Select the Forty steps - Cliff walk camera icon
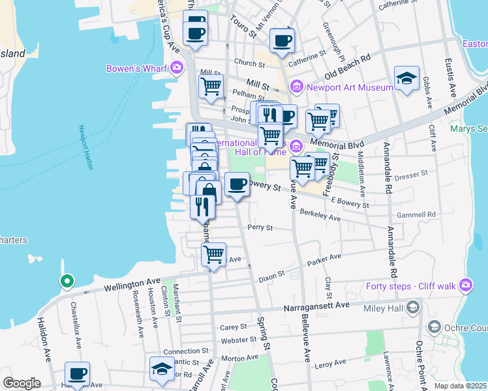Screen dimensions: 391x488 click(465, 285)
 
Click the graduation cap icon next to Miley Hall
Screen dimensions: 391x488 click(412, 307)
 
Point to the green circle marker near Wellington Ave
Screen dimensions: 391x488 click(67, 282)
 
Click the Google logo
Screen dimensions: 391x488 click(22, 383)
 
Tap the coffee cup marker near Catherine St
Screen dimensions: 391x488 click(282, 40)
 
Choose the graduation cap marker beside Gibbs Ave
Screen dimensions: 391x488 click(406, 78)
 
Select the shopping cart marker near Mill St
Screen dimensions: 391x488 click(211, 86)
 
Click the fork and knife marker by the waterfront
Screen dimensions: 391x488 click(202, 206)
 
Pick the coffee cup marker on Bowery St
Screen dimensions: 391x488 click(237, 184)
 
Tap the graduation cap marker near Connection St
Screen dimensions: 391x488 click(162, 368)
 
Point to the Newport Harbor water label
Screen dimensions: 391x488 click(84, 148)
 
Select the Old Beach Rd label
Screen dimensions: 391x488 click(348, 65)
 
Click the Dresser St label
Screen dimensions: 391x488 click(411, 174)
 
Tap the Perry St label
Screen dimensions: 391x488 click(260, 228)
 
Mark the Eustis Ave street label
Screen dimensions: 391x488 click(450, 28)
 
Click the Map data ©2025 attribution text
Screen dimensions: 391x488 click(460, 386)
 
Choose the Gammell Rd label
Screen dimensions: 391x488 click(418, 214)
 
